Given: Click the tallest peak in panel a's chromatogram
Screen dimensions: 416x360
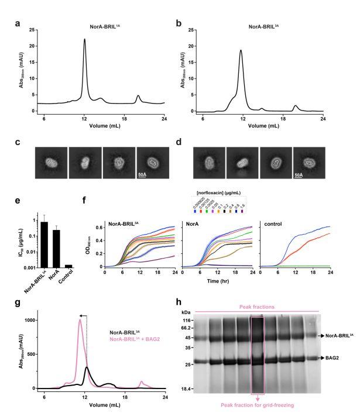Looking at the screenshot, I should coord(84,40).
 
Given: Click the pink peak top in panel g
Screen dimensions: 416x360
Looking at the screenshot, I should coord(80,320).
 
